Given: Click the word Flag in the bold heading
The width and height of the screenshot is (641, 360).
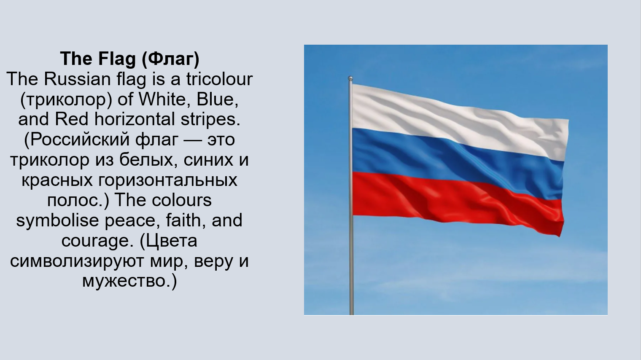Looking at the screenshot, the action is point(117,59).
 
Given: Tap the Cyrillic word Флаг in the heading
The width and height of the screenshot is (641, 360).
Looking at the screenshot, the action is point(170,59).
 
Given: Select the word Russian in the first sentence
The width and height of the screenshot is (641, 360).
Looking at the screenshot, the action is point(77,79).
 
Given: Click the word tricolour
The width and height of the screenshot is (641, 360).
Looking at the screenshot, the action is point(219,79).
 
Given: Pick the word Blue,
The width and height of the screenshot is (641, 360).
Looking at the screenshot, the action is point(218,99).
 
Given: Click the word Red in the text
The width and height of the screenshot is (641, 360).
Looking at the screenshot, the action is point(72,119).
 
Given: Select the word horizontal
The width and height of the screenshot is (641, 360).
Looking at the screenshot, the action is point(135,119).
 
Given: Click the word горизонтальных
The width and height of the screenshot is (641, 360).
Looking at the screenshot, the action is point(168,180).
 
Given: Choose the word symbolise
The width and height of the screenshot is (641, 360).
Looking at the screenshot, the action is point(57,221).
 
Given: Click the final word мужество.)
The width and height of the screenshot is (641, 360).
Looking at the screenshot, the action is point(129,282).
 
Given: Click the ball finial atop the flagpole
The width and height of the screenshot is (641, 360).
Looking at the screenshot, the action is point(350,78).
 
